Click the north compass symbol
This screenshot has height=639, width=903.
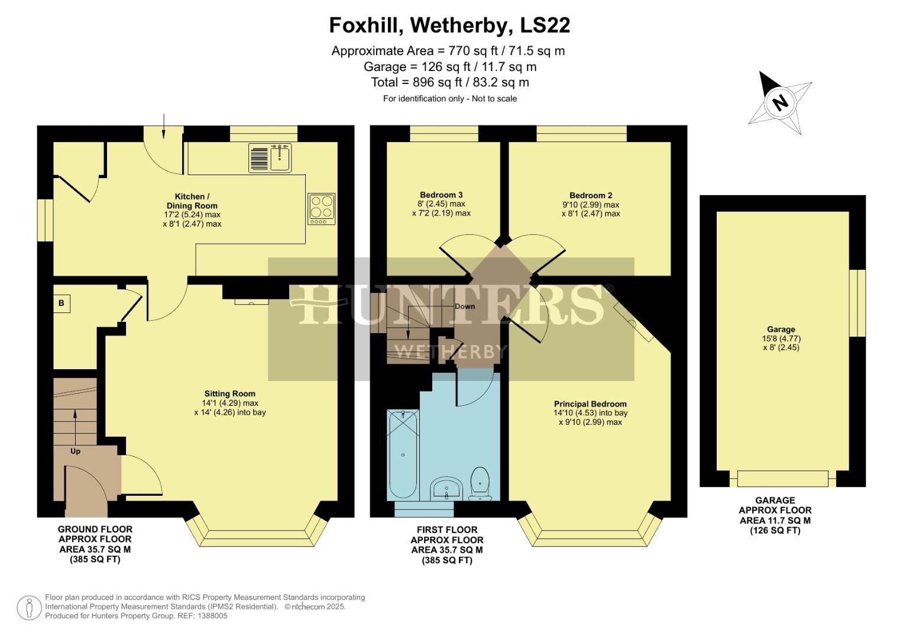(780, 103)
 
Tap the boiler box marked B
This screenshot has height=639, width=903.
(61, 304)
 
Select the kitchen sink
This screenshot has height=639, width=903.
(280, 158)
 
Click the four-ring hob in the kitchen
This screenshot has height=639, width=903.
(321, 209)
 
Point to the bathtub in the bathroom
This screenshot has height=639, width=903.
(403, 454)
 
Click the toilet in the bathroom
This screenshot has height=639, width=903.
(480, 482)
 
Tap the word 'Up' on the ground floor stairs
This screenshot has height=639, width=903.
(75, 451)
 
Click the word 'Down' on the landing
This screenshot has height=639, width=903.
(465, 306)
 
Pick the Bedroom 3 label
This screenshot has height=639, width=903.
(441, 195)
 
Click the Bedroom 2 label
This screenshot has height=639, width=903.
(591, 195)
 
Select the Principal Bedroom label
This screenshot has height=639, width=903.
(590, 404)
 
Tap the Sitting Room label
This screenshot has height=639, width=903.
(230, 393)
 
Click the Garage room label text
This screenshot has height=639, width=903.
(781, 330)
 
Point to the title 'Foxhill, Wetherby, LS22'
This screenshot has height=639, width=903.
(449, 25)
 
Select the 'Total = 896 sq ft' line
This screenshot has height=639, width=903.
(449, 82)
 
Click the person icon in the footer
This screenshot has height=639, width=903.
(29, 608)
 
